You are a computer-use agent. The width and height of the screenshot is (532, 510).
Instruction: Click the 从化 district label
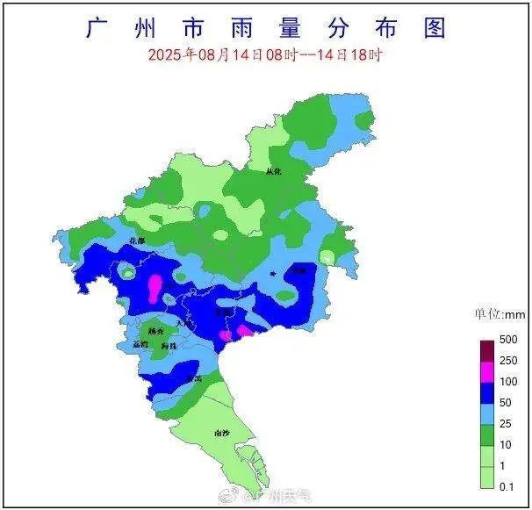click(x=273, y=172)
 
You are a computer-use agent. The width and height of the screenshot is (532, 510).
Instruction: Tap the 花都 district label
click(x=136, y=240)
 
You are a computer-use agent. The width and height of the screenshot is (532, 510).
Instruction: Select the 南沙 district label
click(x=222, y=433)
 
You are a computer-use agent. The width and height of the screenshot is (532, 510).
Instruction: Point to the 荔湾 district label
click(x=140, y=346)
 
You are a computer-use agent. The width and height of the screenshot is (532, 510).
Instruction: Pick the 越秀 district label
click(x=155, y=332)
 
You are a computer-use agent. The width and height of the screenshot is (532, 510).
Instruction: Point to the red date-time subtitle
click(x=264, y=54)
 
